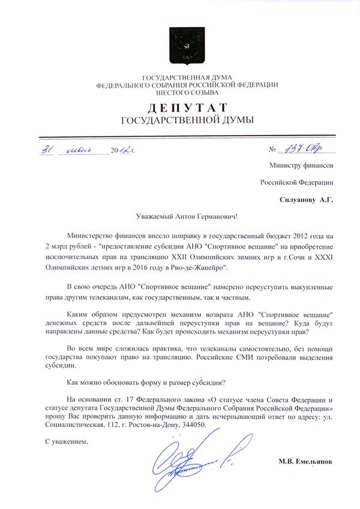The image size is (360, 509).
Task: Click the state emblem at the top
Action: point(179,43)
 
